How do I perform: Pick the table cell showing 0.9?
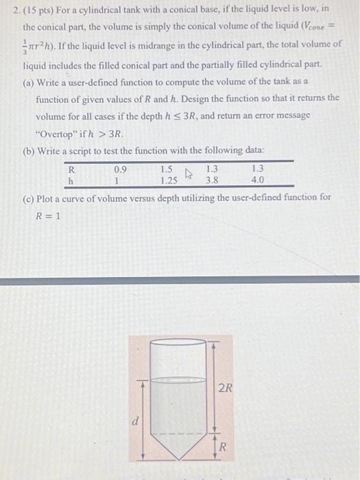click(120, 169)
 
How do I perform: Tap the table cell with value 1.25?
click(167, 180)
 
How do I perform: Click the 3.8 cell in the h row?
click(212, 180)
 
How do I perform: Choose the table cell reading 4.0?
click(257, 180)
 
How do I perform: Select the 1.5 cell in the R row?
click(167, 169)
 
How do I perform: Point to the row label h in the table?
click(71, 180)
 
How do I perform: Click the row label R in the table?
click(71, 169)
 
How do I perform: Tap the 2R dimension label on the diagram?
click(226, 387)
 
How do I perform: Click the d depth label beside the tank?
click(135, 422)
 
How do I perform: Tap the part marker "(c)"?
click(29, 197)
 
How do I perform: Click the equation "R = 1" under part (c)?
click(49, 214)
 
